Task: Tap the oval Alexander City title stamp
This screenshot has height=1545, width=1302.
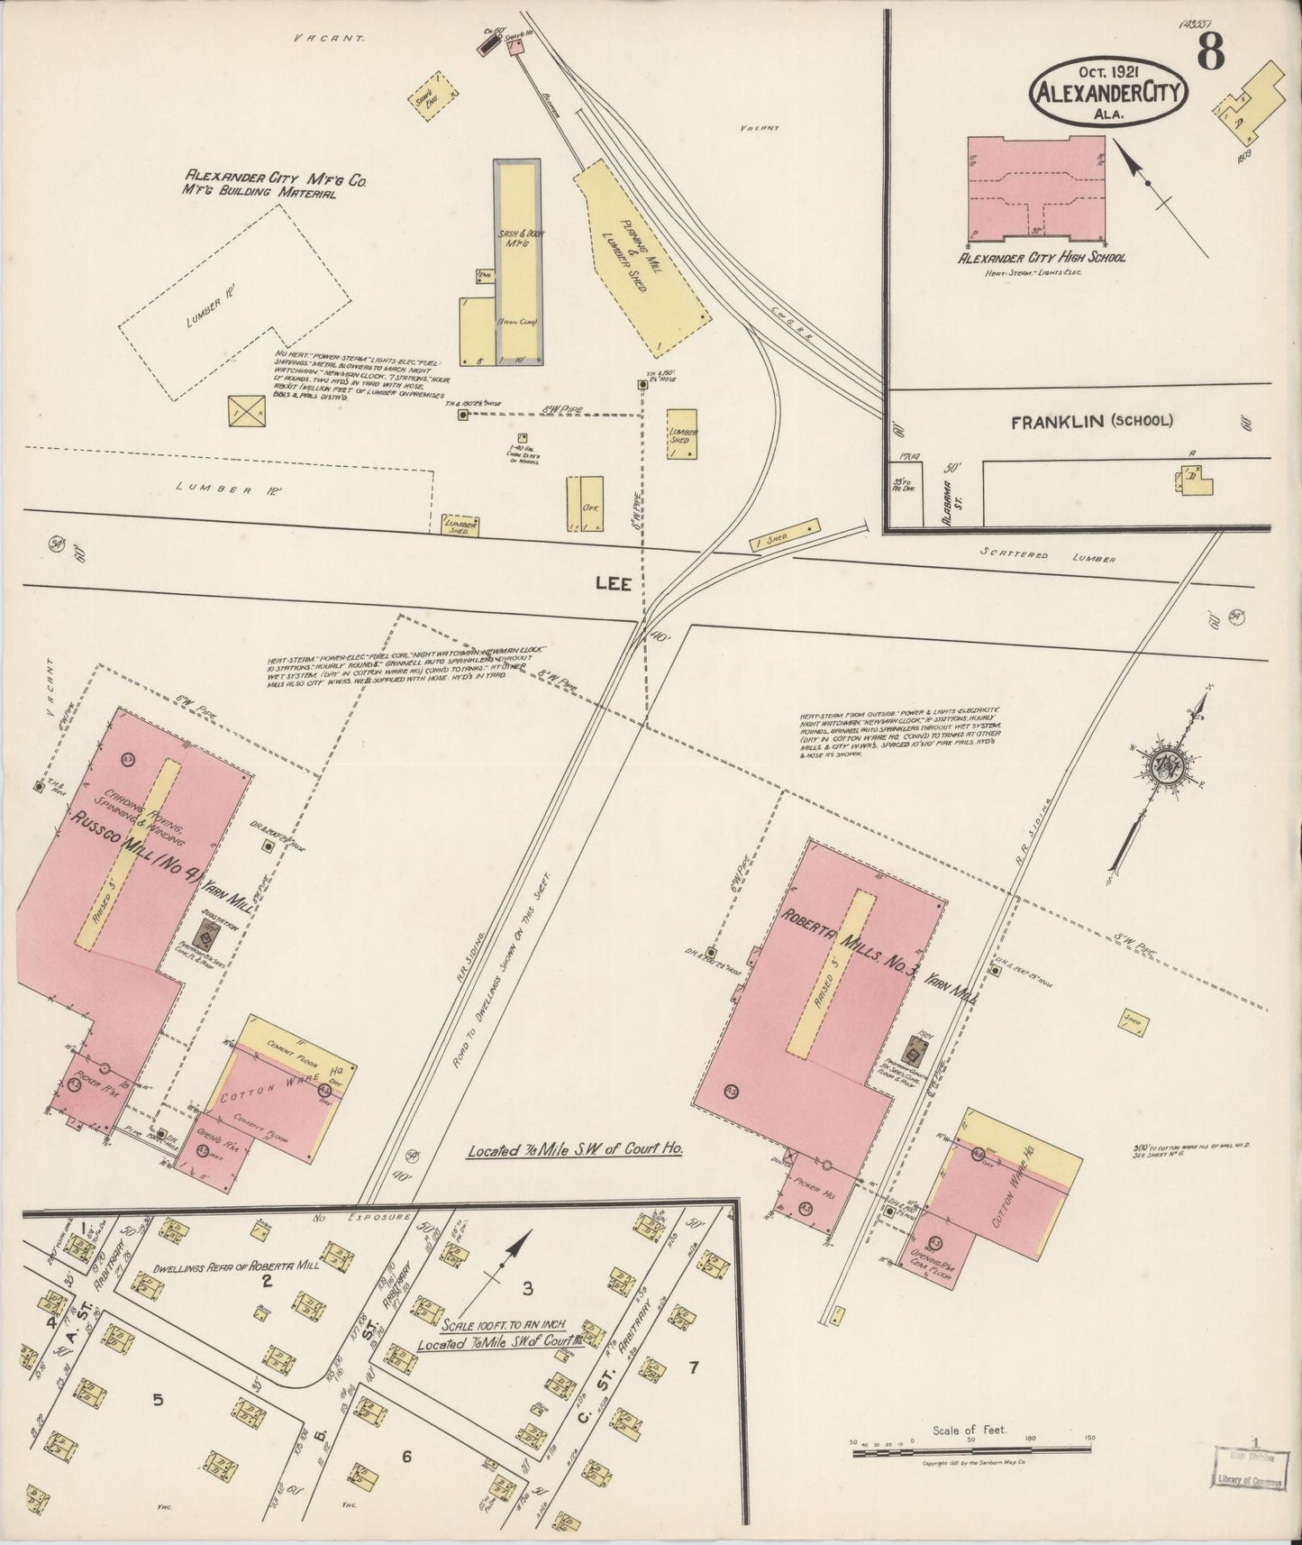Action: pyautogui.click(x=1109, y=92)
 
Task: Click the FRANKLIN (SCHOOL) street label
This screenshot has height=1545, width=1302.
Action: pyautogui.click(x=1091, y=421)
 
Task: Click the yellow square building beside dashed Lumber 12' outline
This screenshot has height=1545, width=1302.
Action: pyautogui.click(x=248, y=410)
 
